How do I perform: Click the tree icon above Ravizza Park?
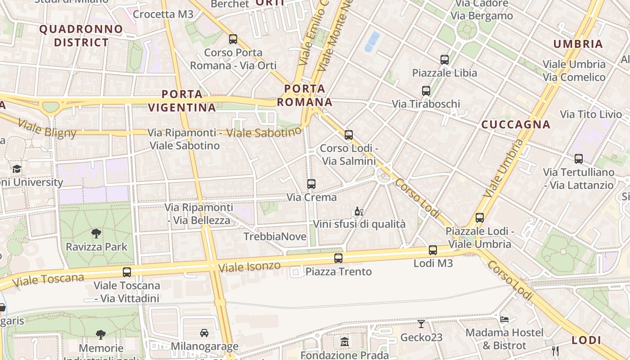(x=96, y=233)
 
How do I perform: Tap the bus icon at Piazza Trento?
(x=338, y=258)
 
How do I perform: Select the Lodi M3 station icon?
(x=433, y=250)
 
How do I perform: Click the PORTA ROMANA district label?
(x=305, y=95)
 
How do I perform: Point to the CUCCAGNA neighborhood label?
(x=516, y=125)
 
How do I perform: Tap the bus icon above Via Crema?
(x=311, y=184)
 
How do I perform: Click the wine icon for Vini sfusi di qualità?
(x=359, y=211)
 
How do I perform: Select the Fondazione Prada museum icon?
(x=345, y=342)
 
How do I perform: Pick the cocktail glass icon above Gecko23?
(x=421, y=324)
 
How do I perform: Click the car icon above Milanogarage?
(x=204, y=333)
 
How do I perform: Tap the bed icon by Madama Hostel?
(x=504, y=319)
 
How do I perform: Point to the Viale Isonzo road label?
(x=249, y=266)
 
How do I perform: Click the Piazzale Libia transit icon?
(x=445, y=60)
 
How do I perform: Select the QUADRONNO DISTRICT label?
(x=81, y=36)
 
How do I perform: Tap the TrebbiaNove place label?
(x=275, y=236)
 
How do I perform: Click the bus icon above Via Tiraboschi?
(x=426, y=91)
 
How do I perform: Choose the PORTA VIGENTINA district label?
(x=182, y=101)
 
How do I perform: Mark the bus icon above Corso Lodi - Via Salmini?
(x=349, y=135)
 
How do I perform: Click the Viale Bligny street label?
(x=47, y=128)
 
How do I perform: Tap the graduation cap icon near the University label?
(x=17, y=169)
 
